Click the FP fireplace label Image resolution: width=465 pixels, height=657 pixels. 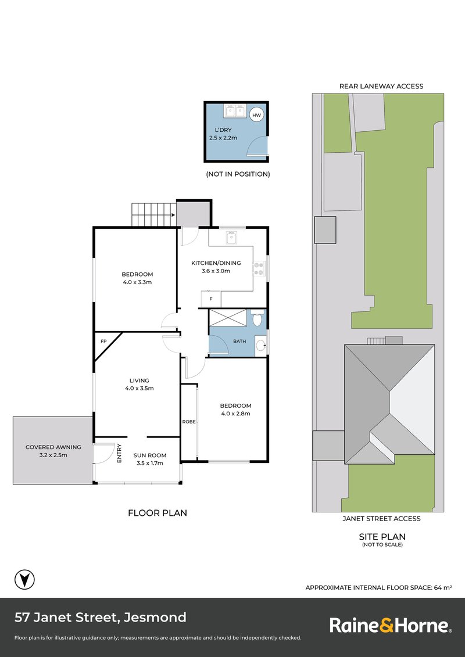tap(103, 342)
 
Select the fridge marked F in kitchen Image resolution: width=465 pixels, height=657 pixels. tap(210, 299)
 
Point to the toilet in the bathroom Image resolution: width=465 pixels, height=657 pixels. tap(257, 318)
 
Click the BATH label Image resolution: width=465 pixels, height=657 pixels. tap(239, 342)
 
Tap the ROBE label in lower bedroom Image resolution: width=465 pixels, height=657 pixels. tap(188, 421)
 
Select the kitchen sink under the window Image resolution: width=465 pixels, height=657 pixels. tap(231, 236)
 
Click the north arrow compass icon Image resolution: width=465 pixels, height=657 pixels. tap(24, 579)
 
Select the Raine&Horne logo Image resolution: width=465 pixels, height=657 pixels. tap(390, 626)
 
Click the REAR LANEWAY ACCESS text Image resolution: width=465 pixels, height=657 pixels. tap(381, 87)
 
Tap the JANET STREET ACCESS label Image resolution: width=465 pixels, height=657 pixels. tap(381, 519)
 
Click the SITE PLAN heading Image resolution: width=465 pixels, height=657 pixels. tap(381, 537)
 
